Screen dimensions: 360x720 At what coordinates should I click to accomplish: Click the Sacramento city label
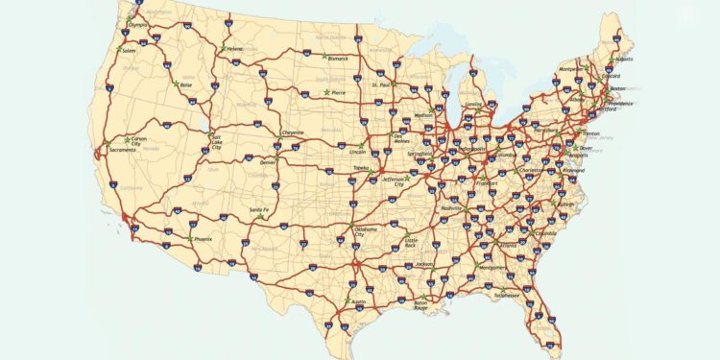(x=122, y=151)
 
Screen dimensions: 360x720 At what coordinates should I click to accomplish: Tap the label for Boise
(x=186, y=85)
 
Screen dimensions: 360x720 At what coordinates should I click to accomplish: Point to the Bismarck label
(x=338, y=59)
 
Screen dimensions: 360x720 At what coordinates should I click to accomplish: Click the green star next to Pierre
(x=326, y=92)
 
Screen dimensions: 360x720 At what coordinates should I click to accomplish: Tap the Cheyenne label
(x=293, y=132)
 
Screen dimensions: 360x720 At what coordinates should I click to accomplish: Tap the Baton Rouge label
(x=420, y=305)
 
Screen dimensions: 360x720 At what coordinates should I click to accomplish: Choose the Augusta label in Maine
(x=624, y=59)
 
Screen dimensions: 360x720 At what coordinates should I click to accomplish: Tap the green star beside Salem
(x=120, y=49)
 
